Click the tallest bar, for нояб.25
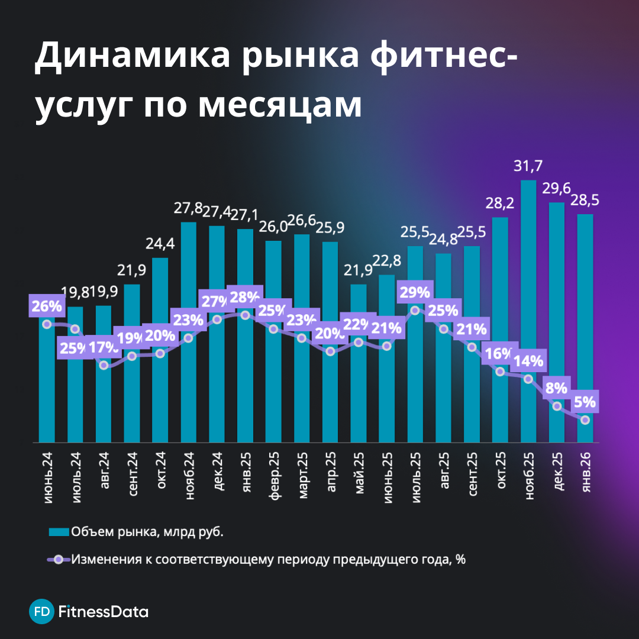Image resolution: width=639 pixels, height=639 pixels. pyautogui.click(x=528, y=296)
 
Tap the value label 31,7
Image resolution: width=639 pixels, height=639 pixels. pyautogui.click(x=528, y=167)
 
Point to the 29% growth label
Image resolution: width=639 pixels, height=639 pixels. pyautogui.click(x=415, y=292)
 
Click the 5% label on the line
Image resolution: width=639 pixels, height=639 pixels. pyautogui.click(x=585, y=402)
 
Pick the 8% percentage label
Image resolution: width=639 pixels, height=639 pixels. pyautogui.click(x=557, y=388)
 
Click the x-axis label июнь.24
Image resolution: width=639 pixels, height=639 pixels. pyautogui.click(x=47, y=476)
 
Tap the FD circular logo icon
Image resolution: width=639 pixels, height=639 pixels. pyautogui.click(x=41, y=611)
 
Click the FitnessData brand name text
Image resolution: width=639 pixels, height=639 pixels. pyautogui.click(x=104, y=611)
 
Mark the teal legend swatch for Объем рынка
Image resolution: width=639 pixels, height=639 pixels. pyautogui.click(x=59, y=532)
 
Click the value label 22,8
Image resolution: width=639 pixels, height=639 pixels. pyautogui.click(x=386, y=262)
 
